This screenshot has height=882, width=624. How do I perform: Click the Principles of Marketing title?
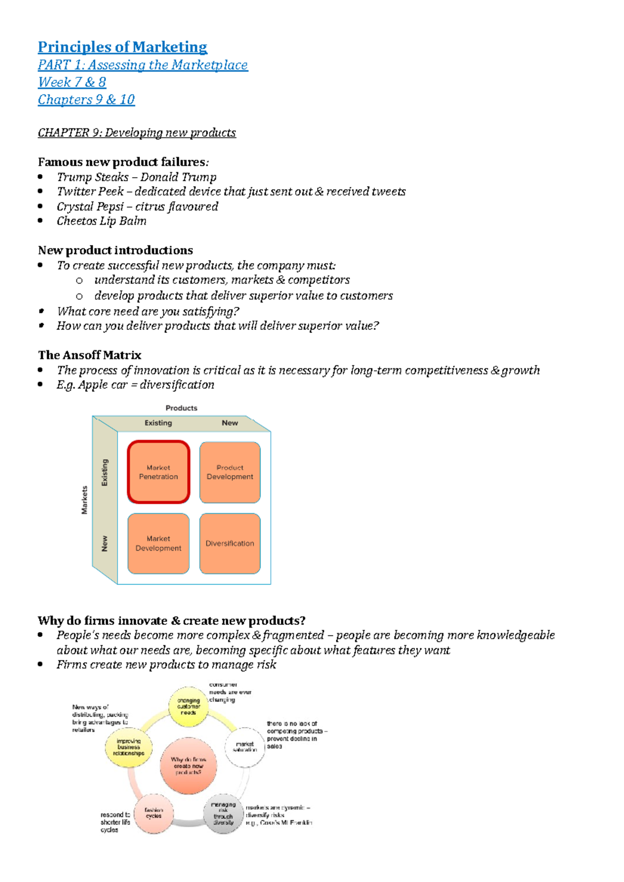tap(122, 47)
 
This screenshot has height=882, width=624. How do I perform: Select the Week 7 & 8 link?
tap(72, 82)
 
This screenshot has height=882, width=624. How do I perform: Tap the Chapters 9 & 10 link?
tap(86, 99)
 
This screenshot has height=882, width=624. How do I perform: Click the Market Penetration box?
tap(158, 472)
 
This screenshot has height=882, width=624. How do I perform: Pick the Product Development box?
tap(230, 472)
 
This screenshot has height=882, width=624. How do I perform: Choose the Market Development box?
tap(158, 543)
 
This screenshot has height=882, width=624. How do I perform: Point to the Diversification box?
tap(230, 543)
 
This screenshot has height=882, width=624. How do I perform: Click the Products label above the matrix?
tap(181, 408)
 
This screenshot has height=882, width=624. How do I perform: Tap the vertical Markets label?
tap(84, 500)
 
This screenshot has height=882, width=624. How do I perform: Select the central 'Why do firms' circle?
tap(188, 766)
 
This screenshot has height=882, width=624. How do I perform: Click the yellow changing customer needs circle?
tap(188, 706)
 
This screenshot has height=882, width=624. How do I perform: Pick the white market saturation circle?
tap(245, 747)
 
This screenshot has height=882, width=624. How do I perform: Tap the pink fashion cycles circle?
tap(153, 813)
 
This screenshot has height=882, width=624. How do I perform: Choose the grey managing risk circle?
tap(223, 813)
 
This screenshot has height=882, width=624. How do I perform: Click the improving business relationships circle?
tap(128, 747)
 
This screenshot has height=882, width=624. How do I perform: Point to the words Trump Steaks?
tap(93, 177)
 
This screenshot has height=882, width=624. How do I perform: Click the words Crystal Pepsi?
tap(90, 206)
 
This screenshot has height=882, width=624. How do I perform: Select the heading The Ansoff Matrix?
tap(89, 355)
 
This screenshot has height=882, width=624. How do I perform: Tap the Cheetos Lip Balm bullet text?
tap(101, 221)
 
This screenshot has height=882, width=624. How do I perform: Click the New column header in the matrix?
tap(230, 423)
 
